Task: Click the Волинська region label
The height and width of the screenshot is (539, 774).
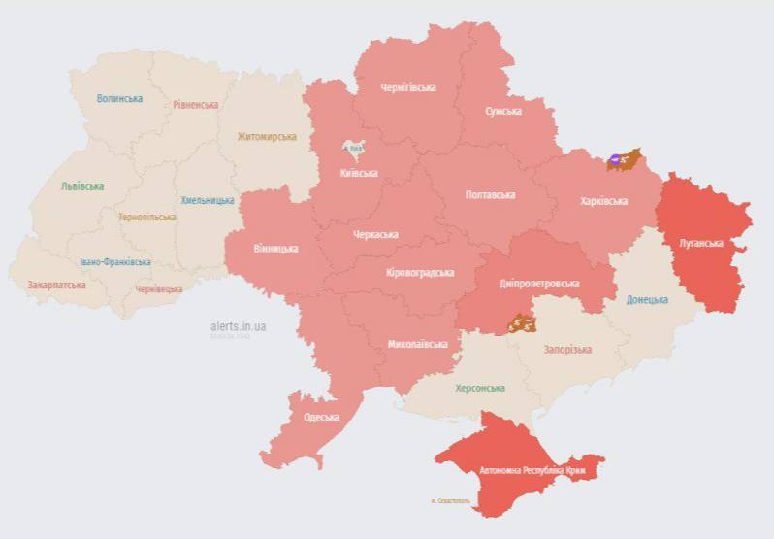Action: (x=119, y=98)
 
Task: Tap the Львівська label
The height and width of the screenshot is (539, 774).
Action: (x=81, y=185)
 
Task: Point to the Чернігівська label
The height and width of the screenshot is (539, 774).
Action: (x=407, y=87)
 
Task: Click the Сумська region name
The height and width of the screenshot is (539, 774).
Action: (x=502, y=111)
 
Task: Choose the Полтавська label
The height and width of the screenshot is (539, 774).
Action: (x=490, y=195)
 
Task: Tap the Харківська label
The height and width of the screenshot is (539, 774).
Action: (x=603, y=201)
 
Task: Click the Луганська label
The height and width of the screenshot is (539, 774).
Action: (x=700, y=244)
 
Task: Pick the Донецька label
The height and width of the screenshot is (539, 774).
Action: (x=646, y=299)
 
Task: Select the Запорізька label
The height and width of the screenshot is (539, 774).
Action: (x=567, y=349)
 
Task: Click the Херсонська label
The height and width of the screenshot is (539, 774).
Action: (x=480, y=387)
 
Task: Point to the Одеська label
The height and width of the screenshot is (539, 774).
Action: (x=321, y=417)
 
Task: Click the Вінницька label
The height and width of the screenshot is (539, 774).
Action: (x=275, y=248)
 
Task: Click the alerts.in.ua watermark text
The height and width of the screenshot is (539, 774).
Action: (x=238, y=326)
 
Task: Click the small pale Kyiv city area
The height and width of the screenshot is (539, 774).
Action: (x=354, y=149)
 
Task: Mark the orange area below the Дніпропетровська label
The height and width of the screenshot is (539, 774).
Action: (x=520, y=321)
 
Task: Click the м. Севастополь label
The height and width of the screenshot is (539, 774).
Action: (x=450, y=501)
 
